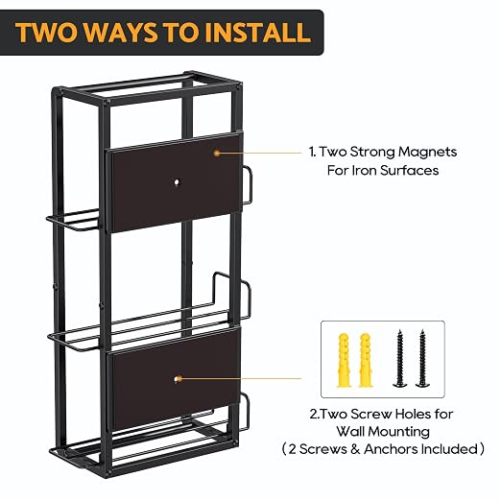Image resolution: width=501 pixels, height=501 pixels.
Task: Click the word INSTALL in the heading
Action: [x=257, y=33]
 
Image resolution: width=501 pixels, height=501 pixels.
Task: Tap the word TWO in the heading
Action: [x=47, y=33]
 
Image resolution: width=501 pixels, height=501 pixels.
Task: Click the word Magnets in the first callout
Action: [x=427, y=152]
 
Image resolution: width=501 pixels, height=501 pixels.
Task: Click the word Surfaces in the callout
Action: [x=409, y=170]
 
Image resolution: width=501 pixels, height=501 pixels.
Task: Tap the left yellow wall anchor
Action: [x=344, y=360]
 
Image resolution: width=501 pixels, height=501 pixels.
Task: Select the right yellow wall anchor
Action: [x=365, y=360]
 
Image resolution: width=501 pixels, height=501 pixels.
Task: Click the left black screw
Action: [x=399, y=358]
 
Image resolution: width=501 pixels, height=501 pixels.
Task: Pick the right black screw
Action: [x=422, y=358]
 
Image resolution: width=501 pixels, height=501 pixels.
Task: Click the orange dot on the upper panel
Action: [x=217, y=154]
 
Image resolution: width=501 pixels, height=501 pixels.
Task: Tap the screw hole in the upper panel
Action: [x=177, y=182]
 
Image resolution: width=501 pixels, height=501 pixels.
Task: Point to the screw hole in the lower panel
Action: [x=177, y=379]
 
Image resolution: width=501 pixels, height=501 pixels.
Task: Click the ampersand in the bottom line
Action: [x=355, y=449]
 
